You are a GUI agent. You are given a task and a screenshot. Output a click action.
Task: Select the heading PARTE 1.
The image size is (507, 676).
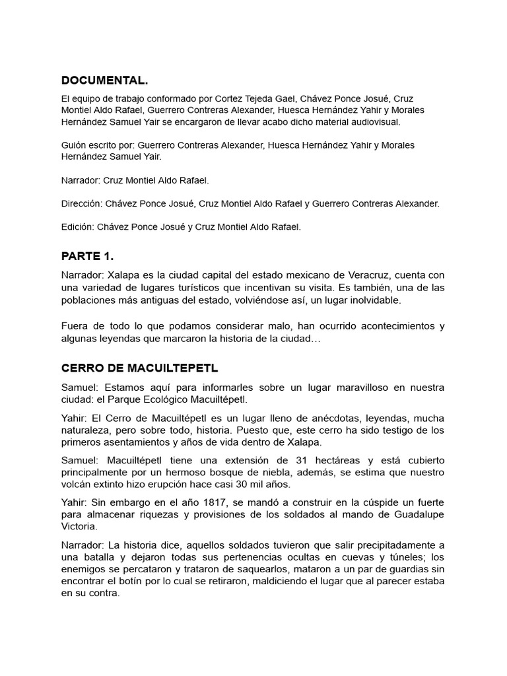pyautogui.click(x=88, y=255)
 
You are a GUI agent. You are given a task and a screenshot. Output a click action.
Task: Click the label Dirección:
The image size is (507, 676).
pyautogui.click(x=84, y=203)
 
